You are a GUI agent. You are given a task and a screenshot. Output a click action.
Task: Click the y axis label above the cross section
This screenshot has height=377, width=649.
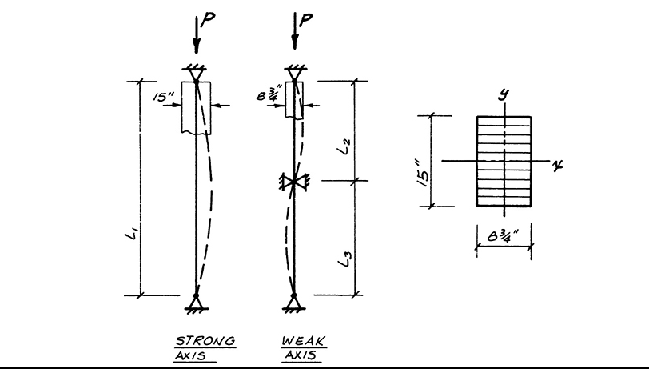click(x=504, y=94)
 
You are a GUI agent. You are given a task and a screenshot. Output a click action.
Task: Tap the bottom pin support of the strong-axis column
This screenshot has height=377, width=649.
click(x=196, y=302)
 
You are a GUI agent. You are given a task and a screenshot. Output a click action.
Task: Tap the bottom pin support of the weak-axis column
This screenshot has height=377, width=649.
click(x=294, y=302)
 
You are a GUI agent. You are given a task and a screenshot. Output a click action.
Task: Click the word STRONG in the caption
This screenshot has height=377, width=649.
click(x=205, y=342)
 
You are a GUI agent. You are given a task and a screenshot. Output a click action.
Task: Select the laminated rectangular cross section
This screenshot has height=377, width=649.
click(x=504, y=162)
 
